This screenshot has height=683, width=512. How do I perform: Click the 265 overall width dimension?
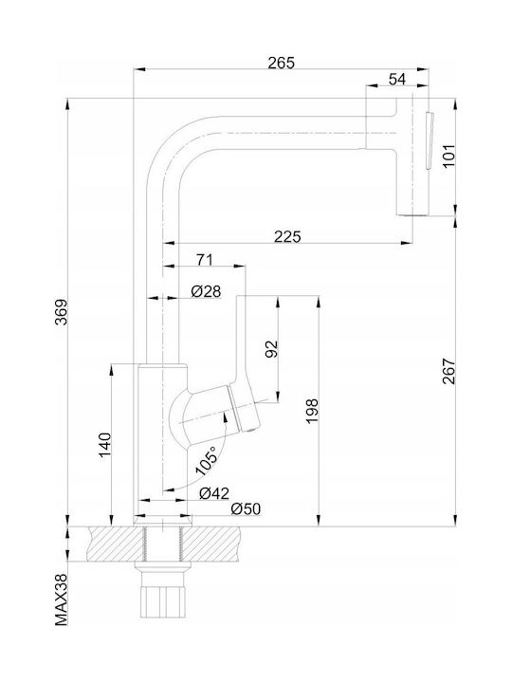click(281, 63)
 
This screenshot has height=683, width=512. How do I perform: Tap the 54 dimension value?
click(396, 80)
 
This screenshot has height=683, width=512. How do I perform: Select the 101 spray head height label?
click(448, 156)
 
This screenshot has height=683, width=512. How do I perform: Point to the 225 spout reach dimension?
click(287, 236)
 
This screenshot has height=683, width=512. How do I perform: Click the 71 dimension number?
click(205, 260)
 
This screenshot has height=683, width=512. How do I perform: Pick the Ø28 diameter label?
click(207, 291)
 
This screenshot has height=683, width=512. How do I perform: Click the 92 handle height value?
click(271, 349)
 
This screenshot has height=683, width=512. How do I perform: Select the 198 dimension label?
click(312, 411)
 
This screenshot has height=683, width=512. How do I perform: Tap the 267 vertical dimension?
click(448, 371)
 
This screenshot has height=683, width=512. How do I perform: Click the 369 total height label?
click(61, 311)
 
